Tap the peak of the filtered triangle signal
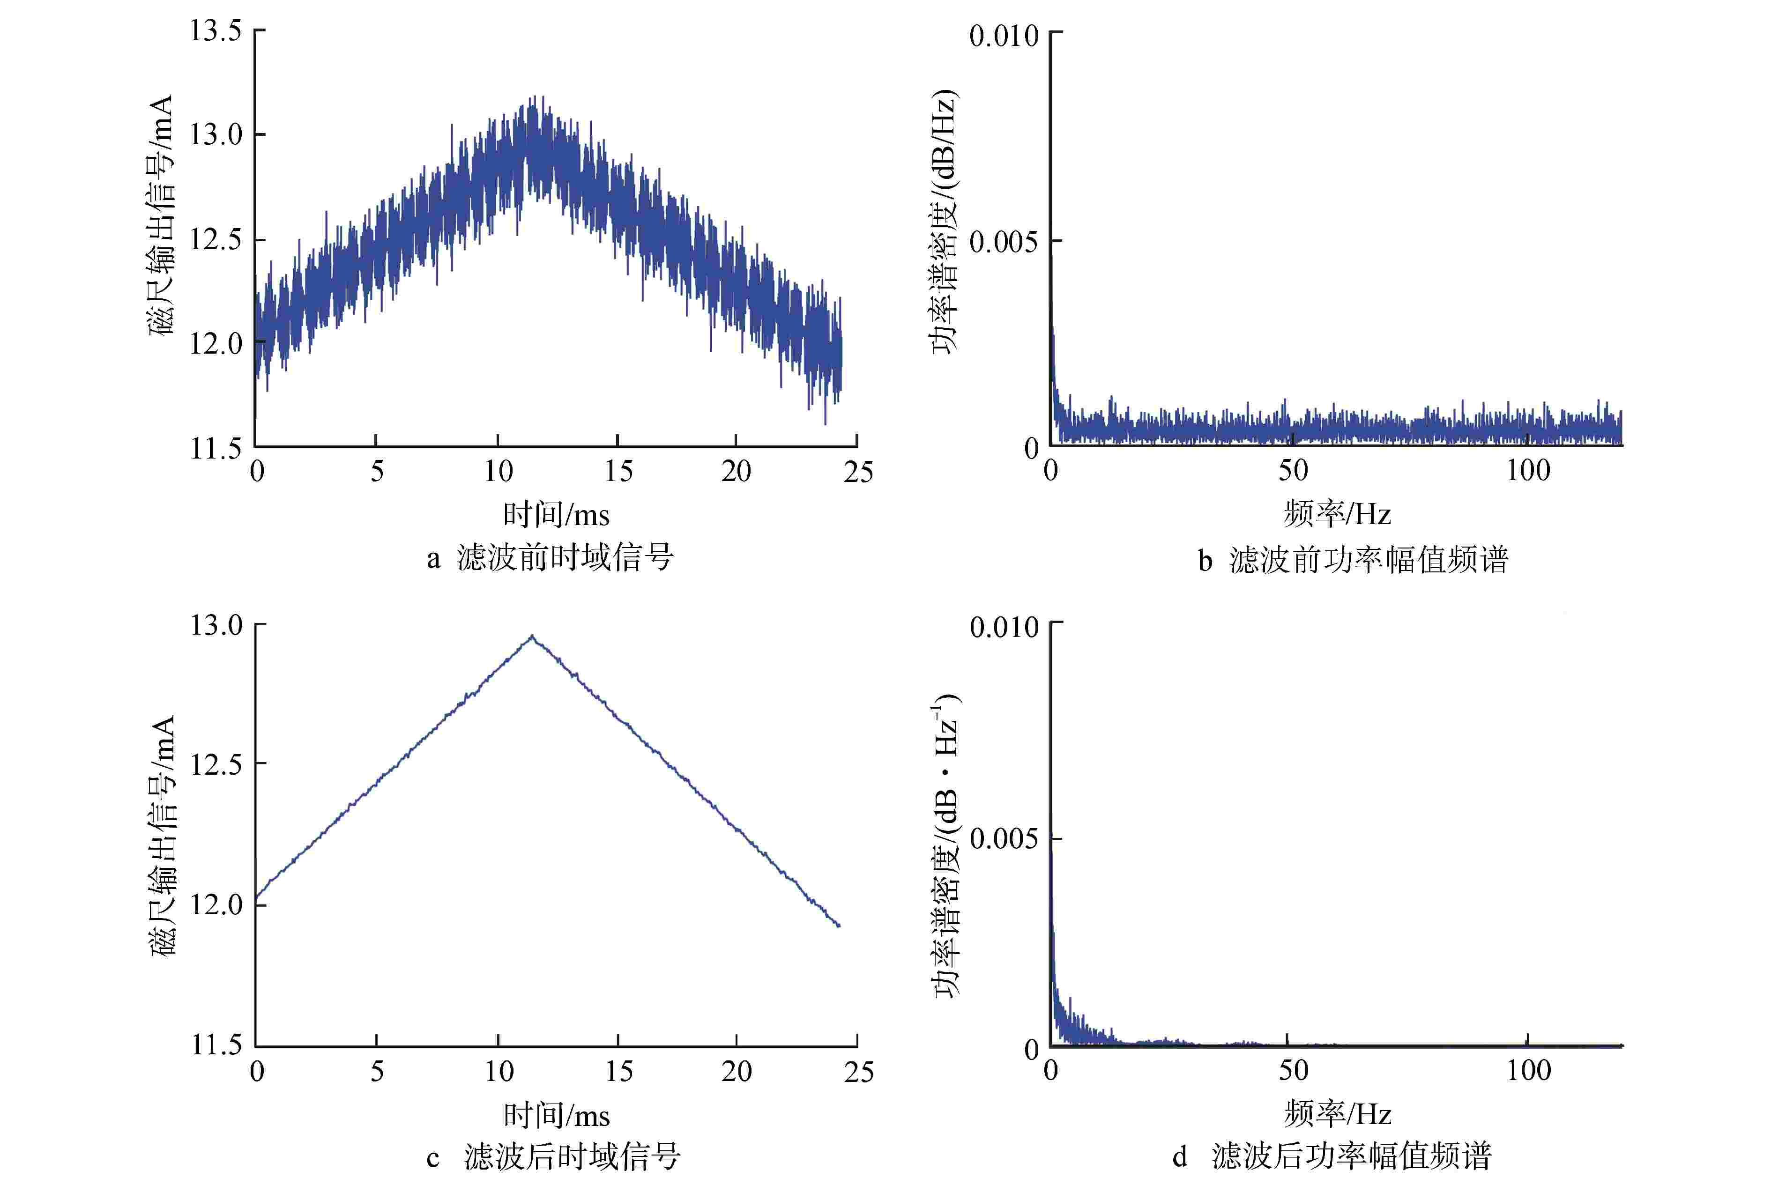tap(532, 637)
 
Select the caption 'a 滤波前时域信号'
tap(550, 558)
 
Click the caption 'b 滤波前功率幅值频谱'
tap(1353, 560)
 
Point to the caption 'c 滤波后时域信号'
tap(554, 1156)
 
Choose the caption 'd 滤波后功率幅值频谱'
tap(1332, 1156)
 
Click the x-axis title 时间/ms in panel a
tap(556, 515)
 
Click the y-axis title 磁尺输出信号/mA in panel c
tap(163, 835)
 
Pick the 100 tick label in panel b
tap(1528, 471)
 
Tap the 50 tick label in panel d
tap(1293, 1071)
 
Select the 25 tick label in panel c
tap(859, 1072)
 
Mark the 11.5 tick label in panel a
tap(216, 449)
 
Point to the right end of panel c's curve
tap(839, 926)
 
